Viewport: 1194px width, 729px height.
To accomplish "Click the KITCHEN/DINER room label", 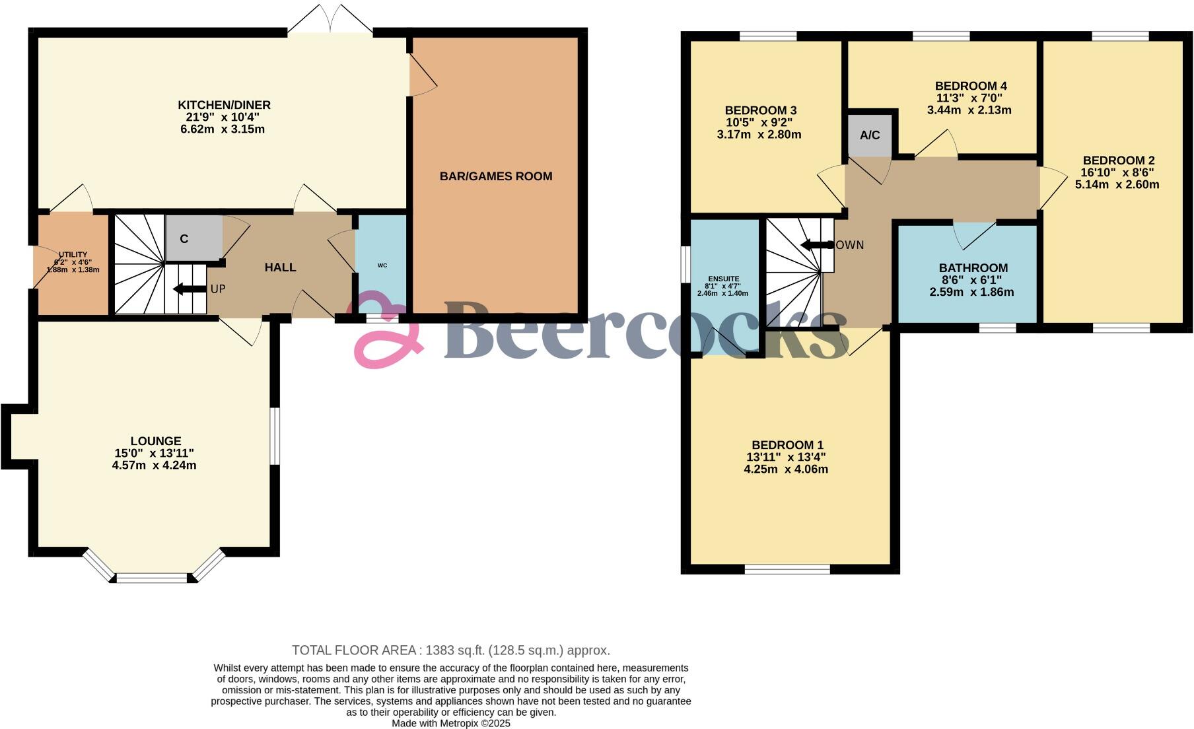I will pos(224,105).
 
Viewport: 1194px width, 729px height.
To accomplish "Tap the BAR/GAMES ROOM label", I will pos(496,176).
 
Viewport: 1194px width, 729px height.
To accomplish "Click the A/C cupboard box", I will pos(870,135).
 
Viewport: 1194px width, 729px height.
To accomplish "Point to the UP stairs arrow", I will pos(189,289).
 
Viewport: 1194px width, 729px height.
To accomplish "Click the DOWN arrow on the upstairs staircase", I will pos(817,245).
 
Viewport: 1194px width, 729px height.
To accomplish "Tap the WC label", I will pos(382,265).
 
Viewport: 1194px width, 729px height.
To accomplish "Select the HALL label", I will pos(280,267).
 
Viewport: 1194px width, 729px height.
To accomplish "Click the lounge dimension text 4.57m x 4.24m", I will pos(154,465).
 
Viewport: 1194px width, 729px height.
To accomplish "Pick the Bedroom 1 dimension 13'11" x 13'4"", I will pos(786,457).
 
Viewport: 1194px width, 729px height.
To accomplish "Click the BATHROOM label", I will pos(973,268).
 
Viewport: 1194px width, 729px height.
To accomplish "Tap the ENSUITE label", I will pos(723,279).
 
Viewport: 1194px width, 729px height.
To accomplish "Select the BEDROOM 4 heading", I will pos(970,86).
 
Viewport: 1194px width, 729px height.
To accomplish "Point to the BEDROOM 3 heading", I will pos(760,110).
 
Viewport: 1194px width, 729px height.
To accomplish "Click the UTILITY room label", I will pos(73,255).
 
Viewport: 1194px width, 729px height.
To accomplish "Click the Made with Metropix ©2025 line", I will pos(451,723).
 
